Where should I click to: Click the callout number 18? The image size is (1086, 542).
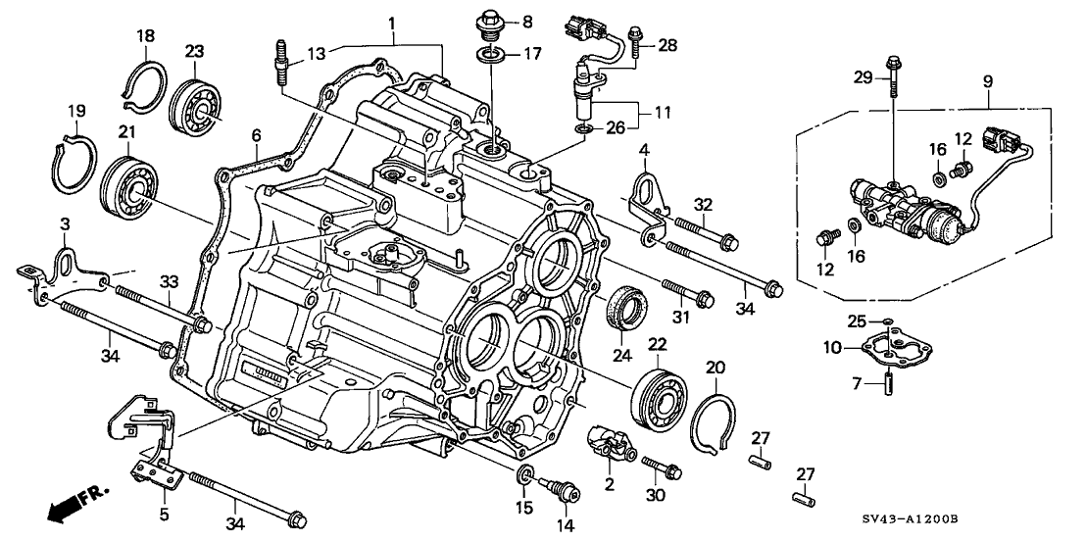pyautogui.click(x=145, y=36)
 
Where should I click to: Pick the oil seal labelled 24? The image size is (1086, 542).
pyautogui.click(x=623, y=307)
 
